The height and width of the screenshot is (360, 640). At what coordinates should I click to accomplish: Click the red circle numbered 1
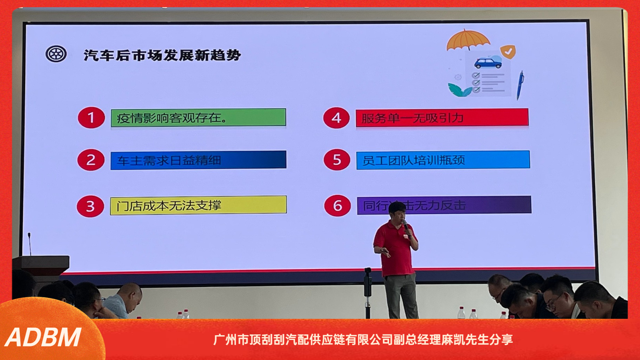91,118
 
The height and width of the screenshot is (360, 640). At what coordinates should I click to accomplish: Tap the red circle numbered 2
91,160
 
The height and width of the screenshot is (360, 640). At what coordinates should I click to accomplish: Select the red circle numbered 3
90,206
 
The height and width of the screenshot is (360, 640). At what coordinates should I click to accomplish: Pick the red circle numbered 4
336,118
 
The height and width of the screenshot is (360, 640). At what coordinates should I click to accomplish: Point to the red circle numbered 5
337,160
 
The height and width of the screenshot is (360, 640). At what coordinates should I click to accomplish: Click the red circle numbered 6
337,206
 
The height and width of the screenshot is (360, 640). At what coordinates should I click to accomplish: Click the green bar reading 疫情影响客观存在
198,118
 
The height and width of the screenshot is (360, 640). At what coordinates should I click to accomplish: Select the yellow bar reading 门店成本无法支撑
198,205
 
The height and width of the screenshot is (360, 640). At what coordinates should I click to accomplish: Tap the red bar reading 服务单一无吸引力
442,118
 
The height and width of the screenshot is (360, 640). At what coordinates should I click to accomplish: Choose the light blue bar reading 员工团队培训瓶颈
443,160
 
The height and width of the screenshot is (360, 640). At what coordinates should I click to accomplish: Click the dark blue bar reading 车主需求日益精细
198,160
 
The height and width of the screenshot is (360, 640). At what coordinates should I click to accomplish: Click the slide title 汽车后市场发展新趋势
162,55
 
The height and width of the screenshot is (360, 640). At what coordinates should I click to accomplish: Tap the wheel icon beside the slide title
56,54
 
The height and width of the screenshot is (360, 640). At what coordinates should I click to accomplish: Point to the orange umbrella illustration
468,40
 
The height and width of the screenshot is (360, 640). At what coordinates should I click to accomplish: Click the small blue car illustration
488,63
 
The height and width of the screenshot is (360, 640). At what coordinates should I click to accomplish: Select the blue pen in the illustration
520,85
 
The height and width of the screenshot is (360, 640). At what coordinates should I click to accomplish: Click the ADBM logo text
43,337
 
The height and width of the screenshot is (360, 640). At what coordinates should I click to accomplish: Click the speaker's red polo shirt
394,248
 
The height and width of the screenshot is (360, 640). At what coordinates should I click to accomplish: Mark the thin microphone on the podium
29,243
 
